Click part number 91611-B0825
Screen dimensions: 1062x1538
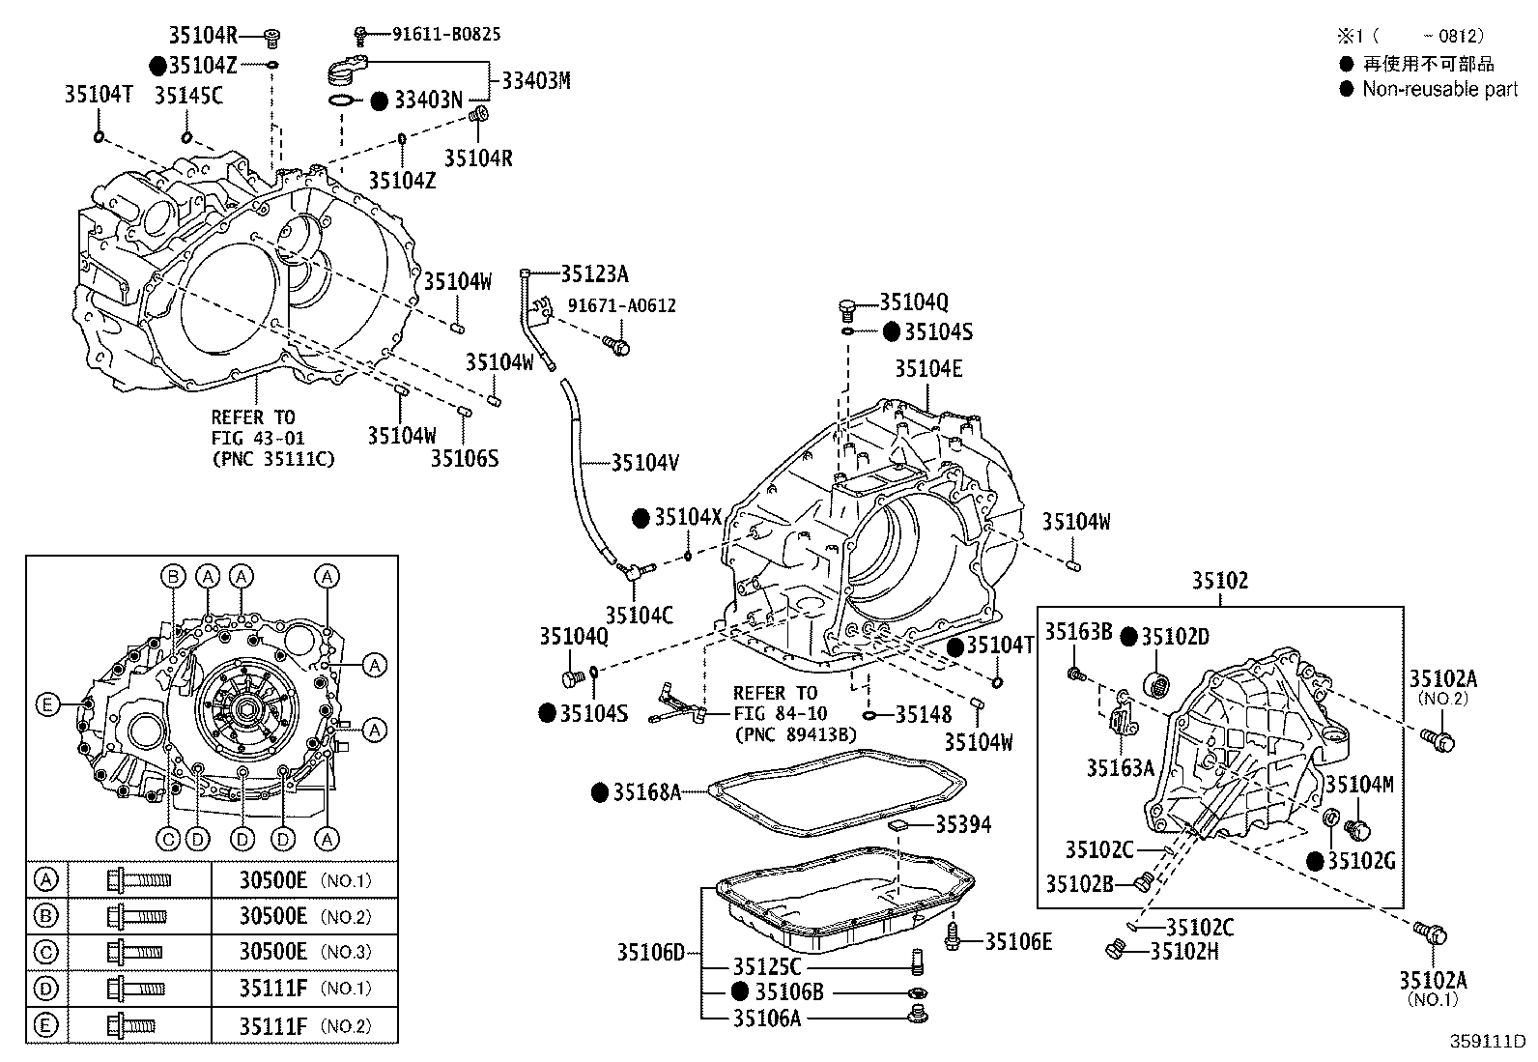445,34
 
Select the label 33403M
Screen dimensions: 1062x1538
535,80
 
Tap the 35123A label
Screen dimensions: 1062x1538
595,274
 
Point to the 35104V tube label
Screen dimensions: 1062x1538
644,463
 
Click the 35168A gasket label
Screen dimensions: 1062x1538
648,793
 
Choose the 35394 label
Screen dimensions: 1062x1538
962,824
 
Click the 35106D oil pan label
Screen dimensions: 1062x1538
650,954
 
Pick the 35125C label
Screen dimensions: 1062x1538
767,967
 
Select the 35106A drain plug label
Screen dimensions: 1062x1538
767,1017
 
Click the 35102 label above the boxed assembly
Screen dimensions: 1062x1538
1219,581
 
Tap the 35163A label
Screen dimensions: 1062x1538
1120,768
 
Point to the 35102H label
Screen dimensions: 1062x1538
1184,951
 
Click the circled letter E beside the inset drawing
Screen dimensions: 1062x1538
47,704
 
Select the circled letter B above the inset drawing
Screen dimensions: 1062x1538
173,577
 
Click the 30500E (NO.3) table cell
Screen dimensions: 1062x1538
304,952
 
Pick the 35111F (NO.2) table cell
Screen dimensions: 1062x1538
304,1026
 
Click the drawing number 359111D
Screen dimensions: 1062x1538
1486,1042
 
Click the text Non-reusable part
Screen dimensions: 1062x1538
1439,89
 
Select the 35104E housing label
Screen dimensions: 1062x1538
928,369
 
